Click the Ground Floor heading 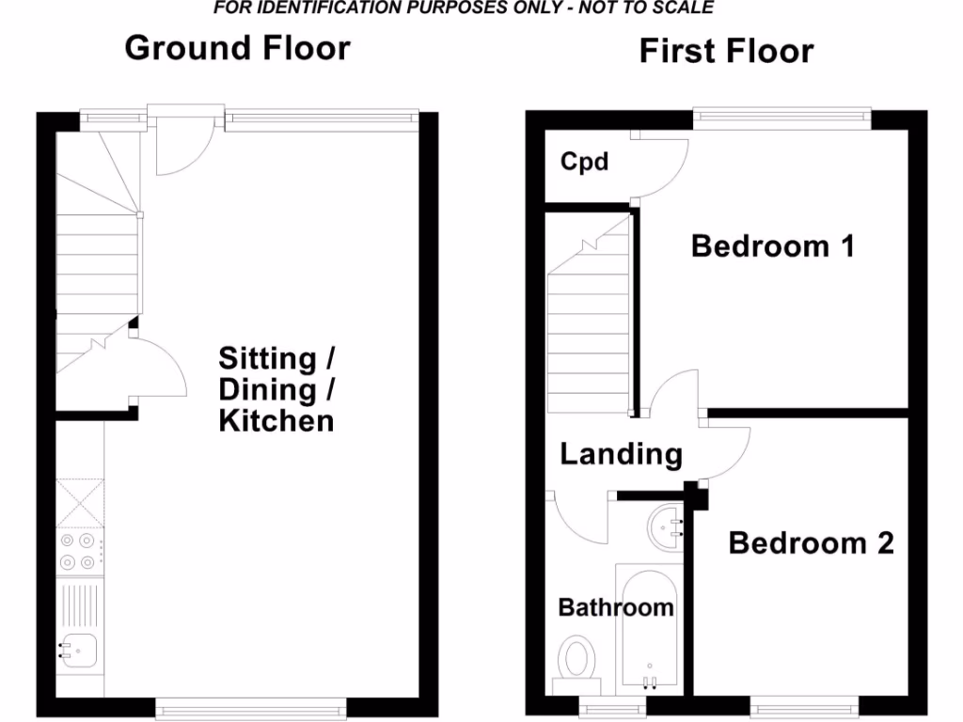237,48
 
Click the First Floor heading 726,51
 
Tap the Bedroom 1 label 772,246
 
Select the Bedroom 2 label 811,543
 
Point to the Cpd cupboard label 584,162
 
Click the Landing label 621,455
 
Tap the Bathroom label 616,607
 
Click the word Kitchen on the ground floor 276,420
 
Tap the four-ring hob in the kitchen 79,552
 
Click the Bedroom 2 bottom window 805,704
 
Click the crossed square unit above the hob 79,501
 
